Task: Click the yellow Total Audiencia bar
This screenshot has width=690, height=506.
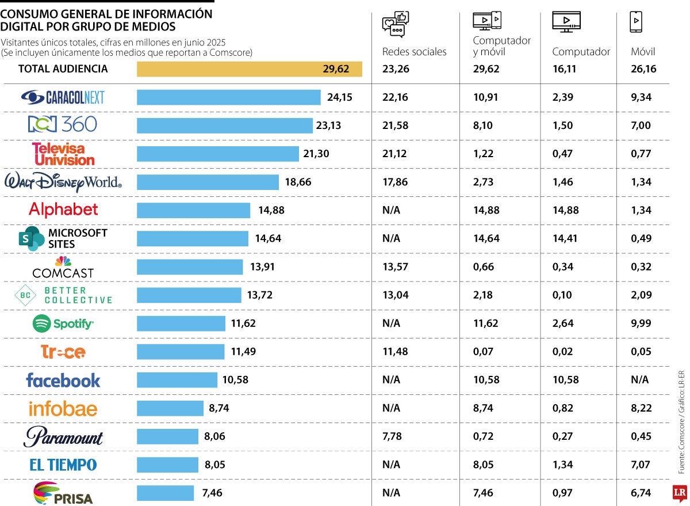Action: click(249, 69)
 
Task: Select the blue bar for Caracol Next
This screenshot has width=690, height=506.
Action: click(228, 97)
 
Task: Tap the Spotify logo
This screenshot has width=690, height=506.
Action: click(63, 324)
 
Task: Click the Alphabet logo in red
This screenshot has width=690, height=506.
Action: click(63, 210)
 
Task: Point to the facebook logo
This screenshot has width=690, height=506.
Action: click(63, 380)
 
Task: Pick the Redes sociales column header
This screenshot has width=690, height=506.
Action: click(414, 52)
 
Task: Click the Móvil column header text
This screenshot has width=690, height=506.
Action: click(643, 52)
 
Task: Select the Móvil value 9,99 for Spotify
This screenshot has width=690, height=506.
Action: click(641, 324)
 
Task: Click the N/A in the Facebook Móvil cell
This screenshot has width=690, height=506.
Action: click(639, 380)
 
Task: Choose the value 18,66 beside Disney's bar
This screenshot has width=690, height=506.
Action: click(298, 182)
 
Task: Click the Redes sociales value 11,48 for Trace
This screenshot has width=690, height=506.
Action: click(395, 352)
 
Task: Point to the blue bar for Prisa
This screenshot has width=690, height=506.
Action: click(165, 493)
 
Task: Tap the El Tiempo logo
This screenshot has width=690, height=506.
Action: click(63, 465)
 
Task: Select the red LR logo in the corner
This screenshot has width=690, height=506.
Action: click(680, 493)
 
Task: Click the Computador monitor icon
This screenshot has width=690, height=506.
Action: click(566, 22)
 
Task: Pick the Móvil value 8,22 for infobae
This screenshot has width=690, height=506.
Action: click(641, 408)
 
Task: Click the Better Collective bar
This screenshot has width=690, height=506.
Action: click(189, 295)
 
